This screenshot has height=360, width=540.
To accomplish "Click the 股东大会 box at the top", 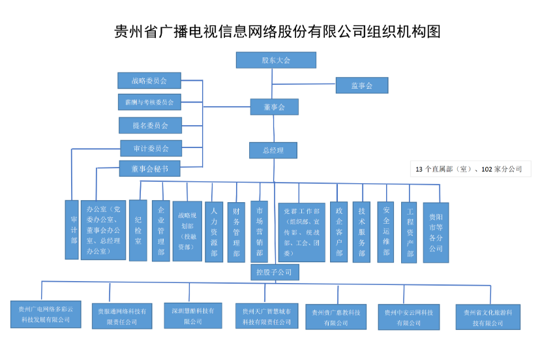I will coord(276,60).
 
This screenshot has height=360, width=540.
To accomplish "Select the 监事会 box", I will coord(361,85).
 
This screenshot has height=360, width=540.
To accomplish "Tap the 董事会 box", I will coord(274,107).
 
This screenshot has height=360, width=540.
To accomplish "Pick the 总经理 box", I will coord(273,151).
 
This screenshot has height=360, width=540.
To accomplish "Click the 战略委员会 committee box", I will coord(149,81).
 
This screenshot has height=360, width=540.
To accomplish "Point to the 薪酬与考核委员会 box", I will coord(149,102).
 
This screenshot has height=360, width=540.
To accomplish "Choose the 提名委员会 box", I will coord(150,125).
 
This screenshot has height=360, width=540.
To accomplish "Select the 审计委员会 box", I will coord(151,148).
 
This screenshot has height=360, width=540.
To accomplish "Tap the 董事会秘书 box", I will coord(149,169).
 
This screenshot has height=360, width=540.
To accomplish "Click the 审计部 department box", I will coord(72,230).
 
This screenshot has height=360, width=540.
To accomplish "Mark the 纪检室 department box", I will coord(138,230).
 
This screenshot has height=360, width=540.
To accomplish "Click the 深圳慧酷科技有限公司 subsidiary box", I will coord(192,315).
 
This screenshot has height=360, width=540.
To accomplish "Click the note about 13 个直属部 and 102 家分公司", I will coord(470,169).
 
